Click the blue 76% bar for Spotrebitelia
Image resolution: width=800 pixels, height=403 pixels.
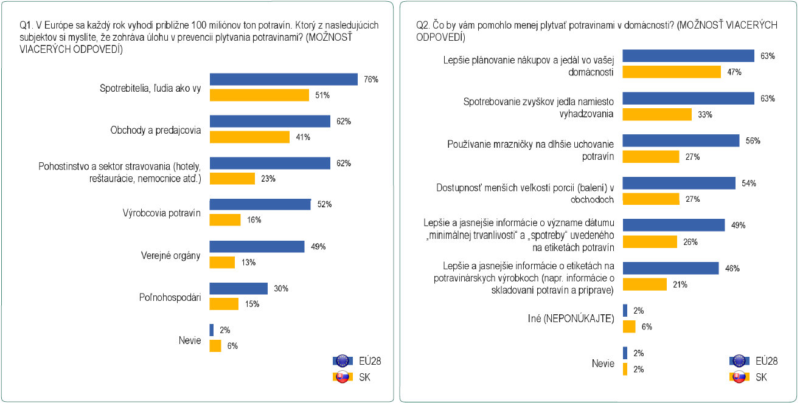tap(283, 79)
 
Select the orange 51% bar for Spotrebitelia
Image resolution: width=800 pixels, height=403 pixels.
tap(259, 95)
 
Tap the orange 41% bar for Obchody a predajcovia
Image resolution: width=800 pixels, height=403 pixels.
tap(249, 137)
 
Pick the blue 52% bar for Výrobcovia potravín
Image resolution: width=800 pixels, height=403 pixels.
tap(260, 204)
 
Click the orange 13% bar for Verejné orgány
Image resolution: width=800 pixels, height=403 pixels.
tap(222, 263)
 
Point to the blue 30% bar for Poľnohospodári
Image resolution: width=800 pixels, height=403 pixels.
tap(238, 288)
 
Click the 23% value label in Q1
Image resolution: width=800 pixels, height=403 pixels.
tap(268, 179)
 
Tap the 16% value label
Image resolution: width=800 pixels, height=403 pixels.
tap(254, 220)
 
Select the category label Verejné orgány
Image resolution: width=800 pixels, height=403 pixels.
tap(171, 256)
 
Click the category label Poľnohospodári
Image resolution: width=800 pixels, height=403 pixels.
tap(170, 297)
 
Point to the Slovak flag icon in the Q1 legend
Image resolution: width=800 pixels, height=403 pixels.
tap(343, 377)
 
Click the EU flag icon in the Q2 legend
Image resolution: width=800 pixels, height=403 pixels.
tap(739, 361)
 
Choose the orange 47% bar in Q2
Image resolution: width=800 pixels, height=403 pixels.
tap(672, 72)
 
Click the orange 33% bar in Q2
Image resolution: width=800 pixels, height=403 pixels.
tap(657, 115)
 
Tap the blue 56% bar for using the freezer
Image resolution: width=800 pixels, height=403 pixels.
tap(681, 140)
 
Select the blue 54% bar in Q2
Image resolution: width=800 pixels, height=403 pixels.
tap(680, 183)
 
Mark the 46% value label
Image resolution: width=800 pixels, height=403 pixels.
tap(732, 269)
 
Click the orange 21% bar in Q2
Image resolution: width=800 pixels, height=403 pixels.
tap(645, 284)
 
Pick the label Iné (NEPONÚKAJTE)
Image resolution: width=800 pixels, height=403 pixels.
tap(571, 319)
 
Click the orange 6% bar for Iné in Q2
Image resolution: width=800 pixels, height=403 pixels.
tap(629, 326)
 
